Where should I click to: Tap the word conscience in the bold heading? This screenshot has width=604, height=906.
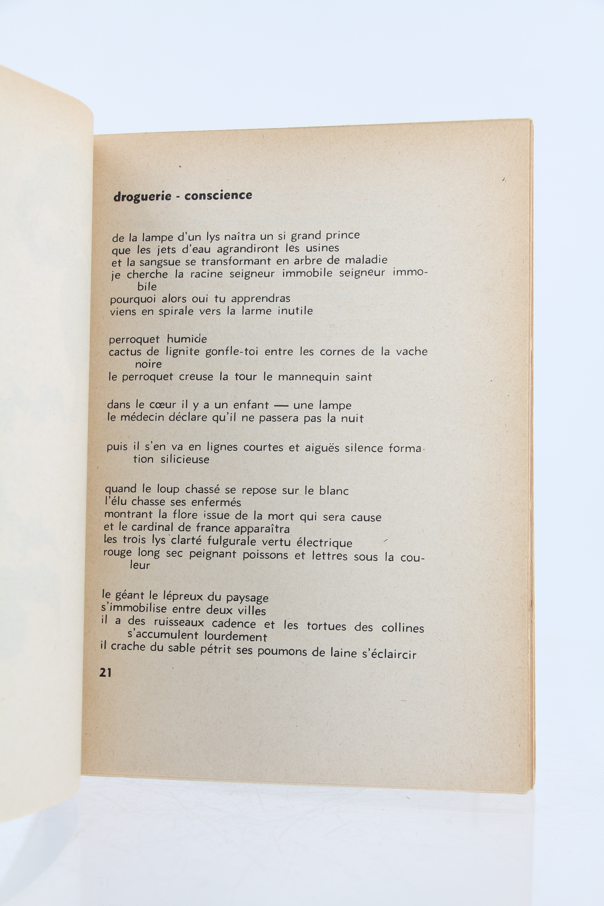(x=218, y=195)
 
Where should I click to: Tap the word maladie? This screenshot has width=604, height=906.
(x=366, y=260)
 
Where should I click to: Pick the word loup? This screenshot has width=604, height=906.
(x=168, y=489)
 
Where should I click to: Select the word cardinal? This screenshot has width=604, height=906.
(x=163, y=527)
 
